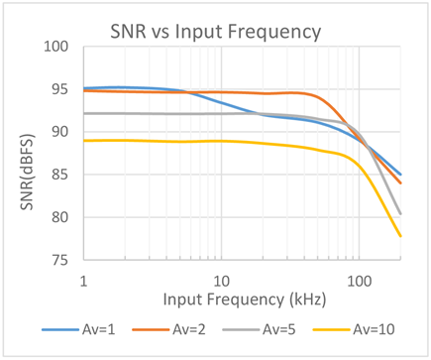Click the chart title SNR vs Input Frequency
tap(216, 33)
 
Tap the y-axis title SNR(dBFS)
tap(27, 172)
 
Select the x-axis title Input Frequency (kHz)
tap(245, 300)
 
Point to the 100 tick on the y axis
tap(56, 47)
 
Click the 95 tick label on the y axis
tap(59, 89)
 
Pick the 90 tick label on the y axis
tap(59, 132)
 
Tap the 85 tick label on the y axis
tap(59, 175)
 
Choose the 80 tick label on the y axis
tap(59, 217)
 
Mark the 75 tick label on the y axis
tap(59, 261)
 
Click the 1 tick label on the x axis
tap(84, 282)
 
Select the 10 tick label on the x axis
tap(221, 282)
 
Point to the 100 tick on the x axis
tap(360, 282)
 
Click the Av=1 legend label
tap(99, 329)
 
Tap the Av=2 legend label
tap(189, 329)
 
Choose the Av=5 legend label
tap(279, 329)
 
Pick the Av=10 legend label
tap(374, 329)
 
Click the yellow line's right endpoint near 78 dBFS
tap(400, 236)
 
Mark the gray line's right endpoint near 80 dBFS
tap(400, 214)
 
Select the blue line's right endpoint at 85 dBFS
tap(400, 175)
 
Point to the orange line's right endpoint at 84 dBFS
tap(400, 182)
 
